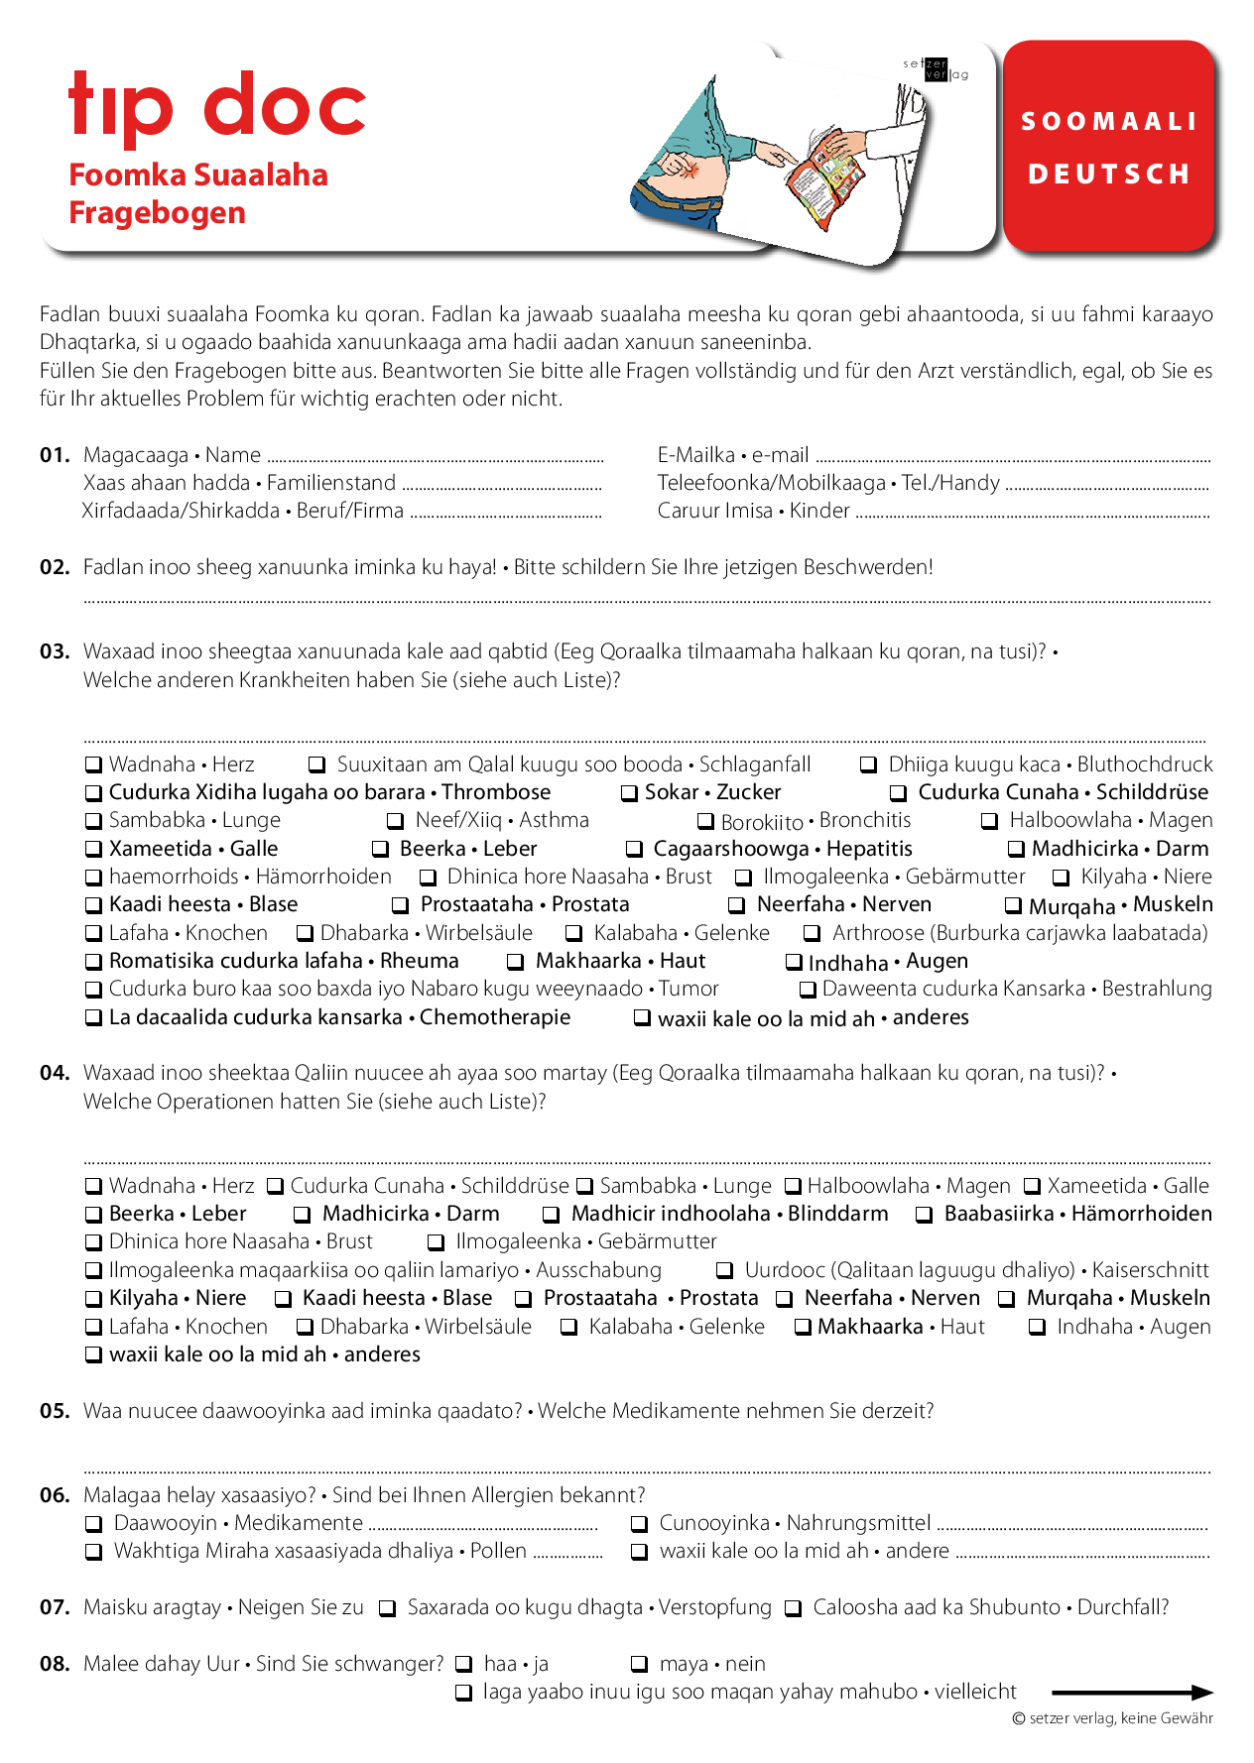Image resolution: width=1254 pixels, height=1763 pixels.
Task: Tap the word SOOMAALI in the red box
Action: click(1109, 122)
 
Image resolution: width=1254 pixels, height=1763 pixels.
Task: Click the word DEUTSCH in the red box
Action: click(1109, 175)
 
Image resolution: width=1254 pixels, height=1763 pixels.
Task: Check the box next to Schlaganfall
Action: click(317, 765)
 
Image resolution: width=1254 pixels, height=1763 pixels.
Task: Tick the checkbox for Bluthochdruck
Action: click(868, 765)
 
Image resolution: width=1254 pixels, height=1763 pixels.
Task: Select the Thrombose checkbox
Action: click(93, 793)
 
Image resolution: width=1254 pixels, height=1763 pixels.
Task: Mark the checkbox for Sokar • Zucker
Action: click(629, 793)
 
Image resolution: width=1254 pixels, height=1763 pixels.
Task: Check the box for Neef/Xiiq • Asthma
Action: click(395, 821)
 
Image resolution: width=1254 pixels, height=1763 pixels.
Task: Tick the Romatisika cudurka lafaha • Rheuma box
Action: click(93, 962)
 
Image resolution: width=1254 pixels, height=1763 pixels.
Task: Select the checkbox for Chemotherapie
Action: click(93, 1018)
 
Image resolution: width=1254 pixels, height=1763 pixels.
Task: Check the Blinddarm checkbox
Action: click(551, 1215)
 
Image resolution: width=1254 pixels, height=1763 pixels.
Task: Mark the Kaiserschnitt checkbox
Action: click(725, 1271)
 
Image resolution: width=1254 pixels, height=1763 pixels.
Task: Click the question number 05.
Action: click(55, 1411)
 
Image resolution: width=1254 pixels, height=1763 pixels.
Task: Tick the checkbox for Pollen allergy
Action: click(93, 1552)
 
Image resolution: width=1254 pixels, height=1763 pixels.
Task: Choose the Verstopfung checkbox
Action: click(388, 1608)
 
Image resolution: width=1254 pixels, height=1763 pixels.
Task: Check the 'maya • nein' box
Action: click(640, 1665)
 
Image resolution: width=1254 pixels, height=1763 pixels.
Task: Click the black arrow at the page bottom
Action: click(1132, 1693)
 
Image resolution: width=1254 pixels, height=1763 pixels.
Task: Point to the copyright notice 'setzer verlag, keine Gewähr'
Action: click(1113, 1718)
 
